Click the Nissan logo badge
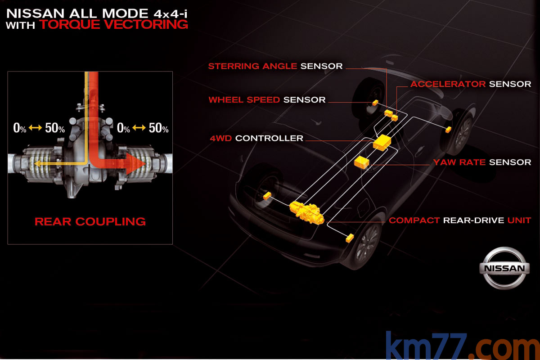click(x=503, y=268)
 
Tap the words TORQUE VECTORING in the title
click(x=113, y=24)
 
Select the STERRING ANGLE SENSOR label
click(x=275, y=66)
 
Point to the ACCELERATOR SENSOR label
click(x=471, y=84)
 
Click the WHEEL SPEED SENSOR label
click(x=267, y=100)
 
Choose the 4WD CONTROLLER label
click(x=256, y=138)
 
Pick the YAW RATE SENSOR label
click(x=482, y=162)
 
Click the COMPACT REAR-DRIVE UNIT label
click(x=460, y=220)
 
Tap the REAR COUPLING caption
click(x=90, y=221)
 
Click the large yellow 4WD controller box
click(x=382, y=143)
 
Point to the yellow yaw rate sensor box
click(x=362, y=162)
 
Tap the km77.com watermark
click(x=462, y=346)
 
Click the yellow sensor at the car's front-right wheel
click(x=448, y=130)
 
